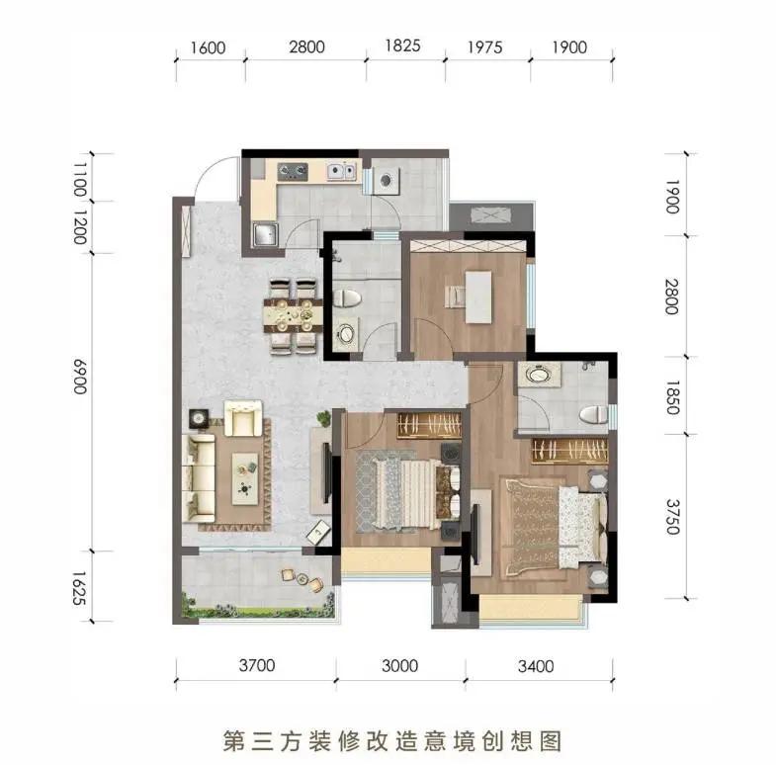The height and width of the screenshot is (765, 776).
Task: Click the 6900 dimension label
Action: coord(80,376)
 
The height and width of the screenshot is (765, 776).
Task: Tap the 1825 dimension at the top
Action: coord(403,45)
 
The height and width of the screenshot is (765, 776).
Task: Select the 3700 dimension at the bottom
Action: coord(257,665)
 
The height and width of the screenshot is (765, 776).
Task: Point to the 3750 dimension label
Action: coord(672,517)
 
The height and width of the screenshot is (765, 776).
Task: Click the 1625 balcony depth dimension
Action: coord(80,588)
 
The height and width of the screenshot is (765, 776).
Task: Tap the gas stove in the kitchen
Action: coord(293,171)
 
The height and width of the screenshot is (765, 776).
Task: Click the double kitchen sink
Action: coord(341,171)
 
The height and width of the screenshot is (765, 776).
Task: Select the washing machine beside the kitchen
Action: coord(386,180)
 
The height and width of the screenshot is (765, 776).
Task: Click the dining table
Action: coord(293,315)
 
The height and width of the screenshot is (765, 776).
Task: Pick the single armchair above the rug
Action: coord(243,418)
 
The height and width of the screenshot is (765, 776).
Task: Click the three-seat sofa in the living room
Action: coord(199,478)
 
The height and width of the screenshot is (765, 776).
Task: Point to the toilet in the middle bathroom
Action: coord(347,298)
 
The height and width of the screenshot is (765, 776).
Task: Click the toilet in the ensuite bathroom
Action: coord(593,414)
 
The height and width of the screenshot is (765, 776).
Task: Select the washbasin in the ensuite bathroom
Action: coord(540,374)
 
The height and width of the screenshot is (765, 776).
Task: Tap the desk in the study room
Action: coord(478,297)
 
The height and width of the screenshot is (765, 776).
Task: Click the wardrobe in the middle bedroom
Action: coord(429,425)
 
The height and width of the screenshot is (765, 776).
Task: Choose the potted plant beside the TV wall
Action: coord(324,419)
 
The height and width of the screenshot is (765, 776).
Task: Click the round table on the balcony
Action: coord(302,579)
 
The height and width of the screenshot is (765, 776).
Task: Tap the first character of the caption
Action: coord(232,740)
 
